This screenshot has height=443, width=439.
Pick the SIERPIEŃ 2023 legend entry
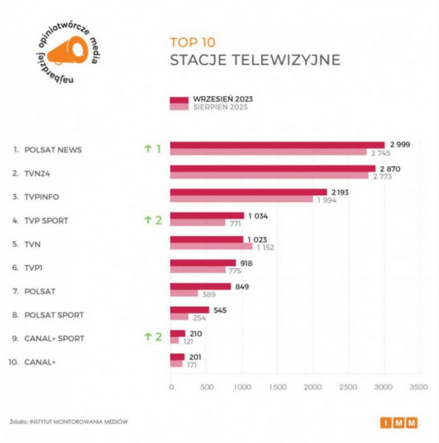(x=220, y=107)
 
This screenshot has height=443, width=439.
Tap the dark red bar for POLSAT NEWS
(x=277, y=145)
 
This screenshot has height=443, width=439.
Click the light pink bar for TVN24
(x=269, y=176)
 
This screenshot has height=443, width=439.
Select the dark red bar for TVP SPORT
(x=207, y=215)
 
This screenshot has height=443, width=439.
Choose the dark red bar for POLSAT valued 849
(x=200, y=286)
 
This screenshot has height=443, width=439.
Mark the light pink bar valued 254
(x=179, y=317)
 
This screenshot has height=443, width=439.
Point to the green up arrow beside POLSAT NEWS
(x=147, y=150)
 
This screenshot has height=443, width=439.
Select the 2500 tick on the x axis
(x=349, y=386)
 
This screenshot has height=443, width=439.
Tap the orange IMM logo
(x=399, y=423)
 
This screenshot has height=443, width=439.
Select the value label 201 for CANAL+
(x=195, y=357)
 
